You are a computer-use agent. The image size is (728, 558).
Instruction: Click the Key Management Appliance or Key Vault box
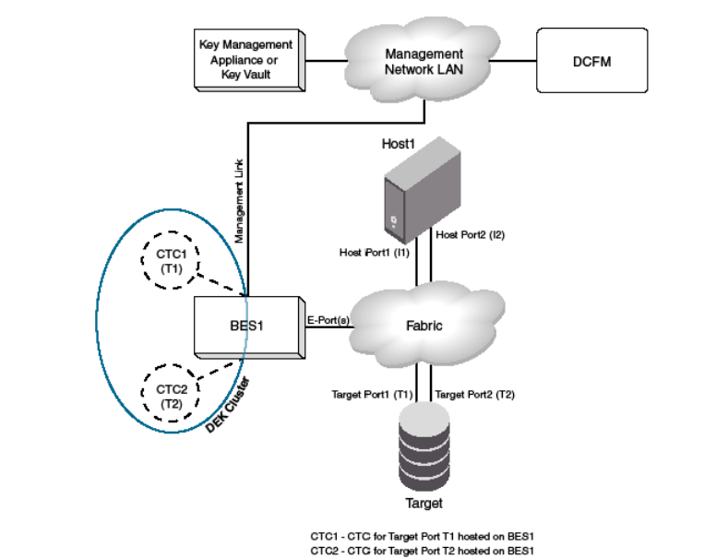246,58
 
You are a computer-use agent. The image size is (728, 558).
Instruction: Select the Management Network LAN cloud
424,61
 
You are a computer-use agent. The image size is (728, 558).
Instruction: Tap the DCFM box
591,61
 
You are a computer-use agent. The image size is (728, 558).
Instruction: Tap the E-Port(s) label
327,319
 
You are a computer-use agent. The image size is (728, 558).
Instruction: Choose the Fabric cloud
423,325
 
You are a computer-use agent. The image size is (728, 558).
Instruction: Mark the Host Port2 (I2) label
471,235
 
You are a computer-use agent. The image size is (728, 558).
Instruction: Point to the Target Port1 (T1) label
372,394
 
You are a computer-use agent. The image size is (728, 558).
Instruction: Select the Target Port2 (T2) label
474,394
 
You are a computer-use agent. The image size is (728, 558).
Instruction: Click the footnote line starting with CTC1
423,535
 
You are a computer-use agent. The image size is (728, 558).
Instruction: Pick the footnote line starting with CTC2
423,550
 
